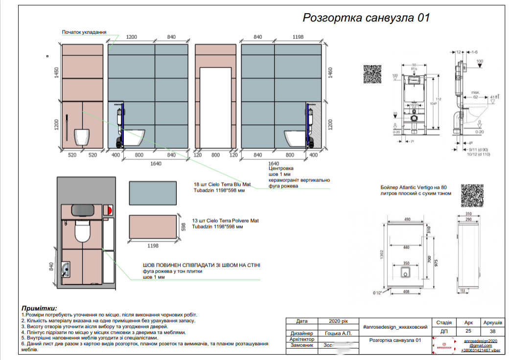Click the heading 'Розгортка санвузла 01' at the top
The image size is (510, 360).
(x=366, y=18)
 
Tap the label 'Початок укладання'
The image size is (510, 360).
(x=84, y=32)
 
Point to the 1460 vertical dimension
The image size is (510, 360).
(x=331, y=73)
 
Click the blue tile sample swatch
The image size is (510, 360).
(x=152, y=193)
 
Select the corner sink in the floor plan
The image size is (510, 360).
(x=67, y=269)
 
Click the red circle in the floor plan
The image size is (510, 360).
(x=109, y=210)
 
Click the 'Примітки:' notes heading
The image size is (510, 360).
(x=39, y=308)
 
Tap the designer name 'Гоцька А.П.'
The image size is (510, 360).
(x=338, y=333)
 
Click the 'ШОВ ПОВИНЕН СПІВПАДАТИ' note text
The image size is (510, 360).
(x=201, y=265)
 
